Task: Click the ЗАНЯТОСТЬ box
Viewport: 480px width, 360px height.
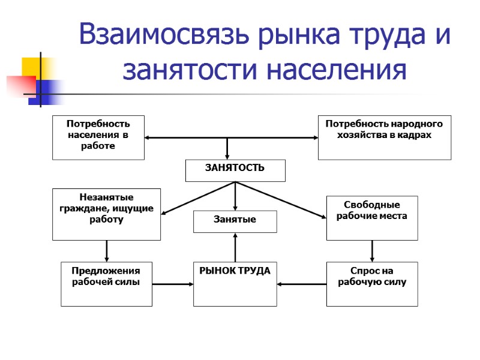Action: coord(235,170)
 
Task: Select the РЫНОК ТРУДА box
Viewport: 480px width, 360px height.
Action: coord(235,284)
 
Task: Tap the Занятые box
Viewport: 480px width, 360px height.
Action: coord(235,221)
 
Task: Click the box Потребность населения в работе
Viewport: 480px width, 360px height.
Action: coord(98,137)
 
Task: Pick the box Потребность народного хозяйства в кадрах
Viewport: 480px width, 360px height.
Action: coord(384,137)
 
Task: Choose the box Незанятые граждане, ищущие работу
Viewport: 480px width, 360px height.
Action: coord(107,214)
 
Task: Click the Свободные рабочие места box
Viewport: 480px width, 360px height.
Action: coord(372,217)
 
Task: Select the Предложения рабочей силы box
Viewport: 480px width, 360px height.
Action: coord(107,284)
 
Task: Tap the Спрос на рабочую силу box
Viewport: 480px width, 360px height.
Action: coord(372,284)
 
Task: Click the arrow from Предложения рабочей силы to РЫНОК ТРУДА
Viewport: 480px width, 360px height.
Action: coord(173,284)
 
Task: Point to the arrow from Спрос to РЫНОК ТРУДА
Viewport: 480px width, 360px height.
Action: coord(302,284)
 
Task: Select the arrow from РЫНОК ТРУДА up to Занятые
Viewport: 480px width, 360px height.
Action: coord(235,247)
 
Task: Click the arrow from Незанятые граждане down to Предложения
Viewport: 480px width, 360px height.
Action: coord(107,251)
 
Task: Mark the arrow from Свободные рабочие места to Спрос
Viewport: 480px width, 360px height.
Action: coord(372,251)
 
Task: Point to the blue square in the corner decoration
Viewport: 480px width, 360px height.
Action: coord(48,88)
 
